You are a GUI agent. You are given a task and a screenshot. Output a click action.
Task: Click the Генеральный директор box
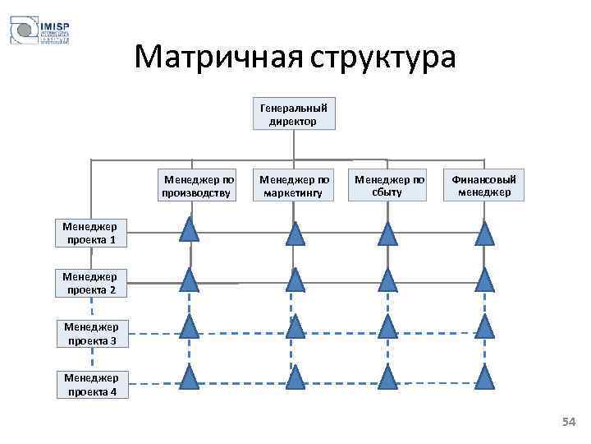click(293, 113)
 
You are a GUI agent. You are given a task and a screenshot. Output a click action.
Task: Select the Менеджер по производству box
click(199, 185)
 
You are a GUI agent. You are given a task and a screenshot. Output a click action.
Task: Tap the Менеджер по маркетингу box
click(295, 185)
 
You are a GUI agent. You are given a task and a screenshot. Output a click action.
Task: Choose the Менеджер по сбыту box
click(389, 185)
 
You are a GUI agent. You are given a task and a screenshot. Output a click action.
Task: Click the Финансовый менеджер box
click(485, 185)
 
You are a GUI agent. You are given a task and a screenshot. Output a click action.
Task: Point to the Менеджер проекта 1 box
click(89, 234)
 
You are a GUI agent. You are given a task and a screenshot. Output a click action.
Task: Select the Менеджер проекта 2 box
click(89, 283)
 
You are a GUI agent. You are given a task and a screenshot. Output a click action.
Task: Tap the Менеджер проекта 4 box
click(91, 384)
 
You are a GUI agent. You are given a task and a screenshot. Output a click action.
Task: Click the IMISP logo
click(39, 30)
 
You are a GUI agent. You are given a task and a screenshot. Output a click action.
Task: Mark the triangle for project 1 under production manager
click(190, 231)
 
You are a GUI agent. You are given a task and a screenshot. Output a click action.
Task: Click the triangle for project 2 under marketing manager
click(295, 280)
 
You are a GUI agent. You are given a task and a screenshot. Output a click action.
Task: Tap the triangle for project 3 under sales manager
click(388, 327)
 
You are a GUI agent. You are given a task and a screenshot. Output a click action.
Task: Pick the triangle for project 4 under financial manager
click(485, 377)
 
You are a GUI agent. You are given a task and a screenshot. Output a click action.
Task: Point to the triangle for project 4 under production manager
click(190, 377)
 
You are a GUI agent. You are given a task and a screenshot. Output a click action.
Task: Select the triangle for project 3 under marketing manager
click(295, 327)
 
